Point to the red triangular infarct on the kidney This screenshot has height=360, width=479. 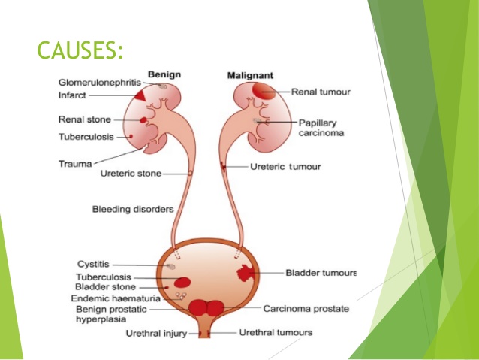[140, 96]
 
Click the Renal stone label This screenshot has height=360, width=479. [85, 119]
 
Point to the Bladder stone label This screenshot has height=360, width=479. [105, 287]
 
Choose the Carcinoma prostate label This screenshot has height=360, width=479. [306, 308]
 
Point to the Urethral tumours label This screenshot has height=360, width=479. [276, 332]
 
